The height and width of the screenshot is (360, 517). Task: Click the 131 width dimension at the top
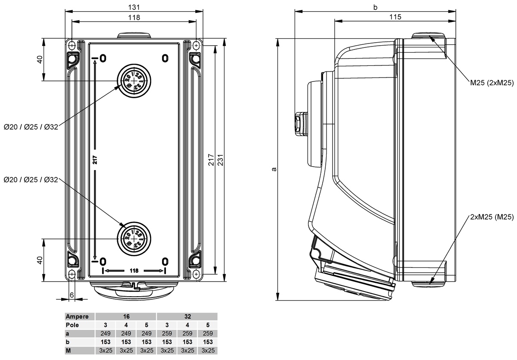(134, 7)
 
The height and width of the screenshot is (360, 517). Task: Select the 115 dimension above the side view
(395, 17)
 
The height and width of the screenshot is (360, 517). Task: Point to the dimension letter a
(274, 169)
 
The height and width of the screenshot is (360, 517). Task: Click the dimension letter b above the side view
(375, 7)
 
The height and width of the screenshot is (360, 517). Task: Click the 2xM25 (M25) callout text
(491, 217)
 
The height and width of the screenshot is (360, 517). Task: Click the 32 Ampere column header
(187, 317)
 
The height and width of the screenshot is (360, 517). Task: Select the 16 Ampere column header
(126, 317)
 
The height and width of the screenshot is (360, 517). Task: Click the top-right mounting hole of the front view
(196, 44)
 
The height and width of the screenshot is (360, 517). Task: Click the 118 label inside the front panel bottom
(134, 270)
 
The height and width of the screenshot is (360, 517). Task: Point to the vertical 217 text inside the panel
(95, 159)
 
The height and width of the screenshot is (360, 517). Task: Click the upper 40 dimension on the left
(40, 59)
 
